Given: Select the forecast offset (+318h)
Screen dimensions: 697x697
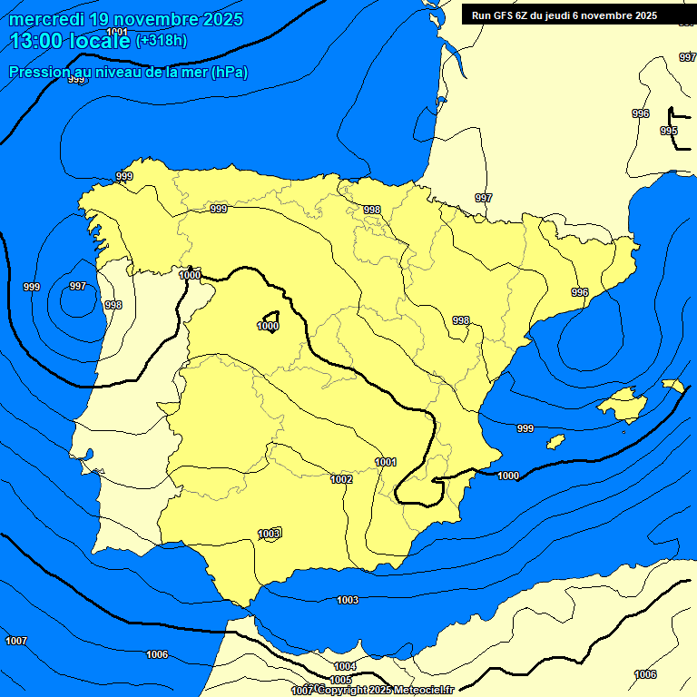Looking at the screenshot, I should point(161,41).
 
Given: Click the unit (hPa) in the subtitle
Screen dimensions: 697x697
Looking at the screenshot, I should point(230,72).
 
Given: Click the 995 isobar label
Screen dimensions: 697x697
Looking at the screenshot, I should point(669,132).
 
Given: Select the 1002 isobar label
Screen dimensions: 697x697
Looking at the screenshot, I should point(341,479).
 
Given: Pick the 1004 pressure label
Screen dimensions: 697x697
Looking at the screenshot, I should point(345,667).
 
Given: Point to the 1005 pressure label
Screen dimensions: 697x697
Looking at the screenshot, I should point(341,680).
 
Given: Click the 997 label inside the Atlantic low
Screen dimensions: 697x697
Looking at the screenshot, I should point(78,287).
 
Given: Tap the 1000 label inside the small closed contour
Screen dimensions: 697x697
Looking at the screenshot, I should point(268,327).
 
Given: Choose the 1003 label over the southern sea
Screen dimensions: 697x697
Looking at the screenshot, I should point(348,600).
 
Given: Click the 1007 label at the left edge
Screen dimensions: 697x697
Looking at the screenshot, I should point(16,642).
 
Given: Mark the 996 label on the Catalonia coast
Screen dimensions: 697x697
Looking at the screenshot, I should point(580,292).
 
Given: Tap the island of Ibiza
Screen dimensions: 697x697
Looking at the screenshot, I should point(556,442).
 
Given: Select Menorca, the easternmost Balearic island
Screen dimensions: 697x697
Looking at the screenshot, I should point(673,386).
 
